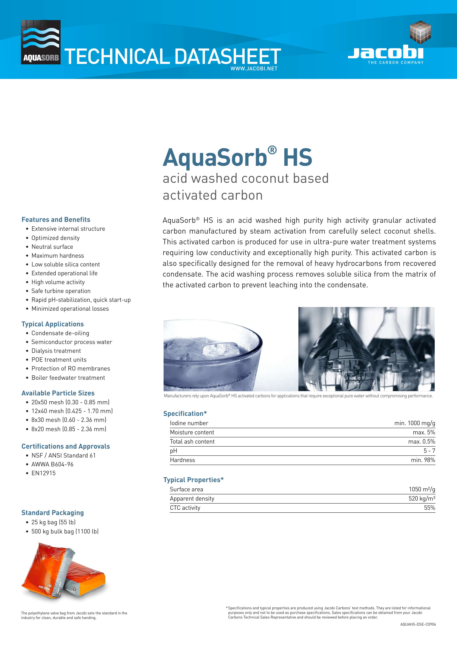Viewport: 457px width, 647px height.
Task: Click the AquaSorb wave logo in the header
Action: [x=41, y=42]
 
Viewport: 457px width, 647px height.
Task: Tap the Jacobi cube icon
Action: [x=420, y=32]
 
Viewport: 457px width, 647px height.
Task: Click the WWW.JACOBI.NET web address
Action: [x=254, y=68]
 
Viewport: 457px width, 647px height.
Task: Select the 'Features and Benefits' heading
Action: [x=56, y=220]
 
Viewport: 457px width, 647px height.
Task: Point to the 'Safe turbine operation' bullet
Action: [x=61, y=291]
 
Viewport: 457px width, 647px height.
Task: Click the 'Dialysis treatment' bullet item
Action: [x=56, y=351]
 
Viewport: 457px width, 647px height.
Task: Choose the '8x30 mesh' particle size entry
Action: [x=69, y=420]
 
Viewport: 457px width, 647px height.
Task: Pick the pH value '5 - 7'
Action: [x=429, y=451]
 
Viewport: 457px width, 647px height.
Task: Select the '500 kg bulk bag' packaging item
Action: [x=65, y=531]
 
